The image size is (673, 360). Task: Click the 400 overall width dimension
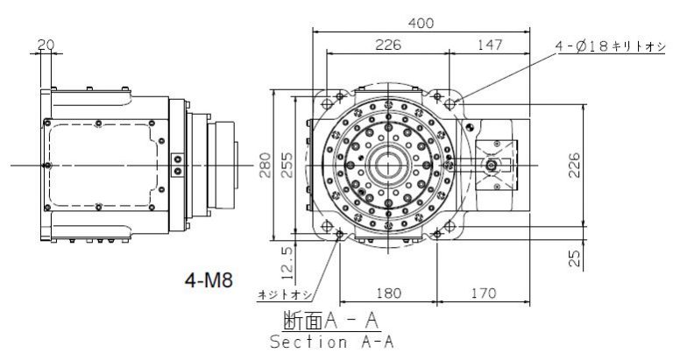(421, 23)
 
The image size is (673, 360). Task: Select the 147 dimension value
(490, 45)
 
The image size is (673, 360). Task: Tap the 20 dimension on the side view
(46, 45)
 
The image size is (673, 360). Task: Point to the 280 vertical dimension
(265, 165)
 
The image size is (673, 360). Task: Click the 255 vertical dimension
(287, 165)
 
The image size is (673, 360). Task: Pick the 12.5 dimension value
(288, 263)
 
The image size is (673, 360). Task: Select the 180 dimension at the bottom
(389, 293)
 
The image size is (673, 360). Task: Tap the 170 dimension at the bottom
(484, 293)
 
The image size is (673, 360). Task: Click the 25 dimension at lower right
(574, 258)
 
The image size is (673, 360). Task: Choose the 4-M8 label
(209, 280)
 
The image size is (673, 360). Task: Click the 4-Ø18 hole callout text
(610, 46)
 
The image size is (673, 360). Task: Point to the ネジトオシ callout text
(285, 295)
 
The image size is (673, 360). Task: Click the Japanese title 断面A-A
(331, 320)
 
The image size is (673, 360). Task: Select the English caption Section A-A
(332, 342)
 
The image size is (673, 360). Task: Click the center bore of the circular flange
(388, 166)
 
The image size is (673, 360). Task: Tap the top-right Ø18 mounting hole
(450, 104)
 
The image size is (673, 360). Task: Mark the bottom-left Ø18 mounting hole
(327, 226)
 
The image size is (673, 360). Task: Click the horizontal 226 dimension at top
(388, 45)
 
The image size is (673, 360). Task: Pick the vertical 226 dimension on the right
(574, 165)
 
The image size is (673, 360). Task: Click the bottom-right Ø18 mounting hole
(450, 226)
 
